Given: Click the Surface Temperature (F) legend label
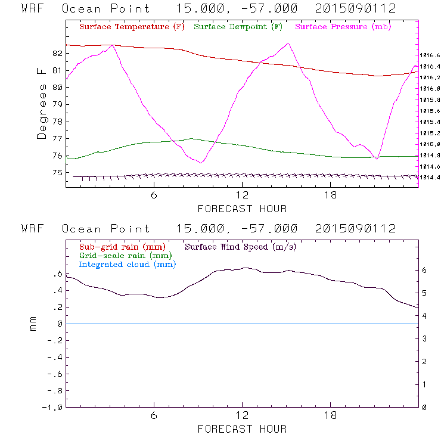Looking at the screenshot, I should pos(132,27).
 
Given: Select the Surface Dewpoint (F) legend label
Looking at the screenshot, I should pos(238,27).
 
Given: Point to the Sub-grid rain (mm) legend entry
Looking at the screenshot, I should pos(122,247).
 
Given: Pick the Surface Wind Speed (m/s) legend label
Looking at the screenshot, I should pos(240,247).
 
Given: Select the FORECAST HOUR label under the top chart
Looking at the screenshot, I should pos(242,209).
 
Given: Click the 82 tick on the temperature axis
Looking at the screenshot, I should pos(57,53).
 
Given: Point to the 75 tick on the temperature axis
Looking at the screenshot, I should pos(57,173).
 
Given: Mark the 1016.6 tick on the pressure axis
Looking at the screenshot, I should pos(429,55).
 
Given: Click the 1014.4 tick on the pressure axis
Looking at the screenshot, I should pos(429,178).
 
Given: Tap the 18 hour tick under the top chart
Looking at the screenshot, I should pos(330,195).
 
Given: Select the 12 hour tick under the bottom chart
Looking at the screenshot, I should pos(242,415).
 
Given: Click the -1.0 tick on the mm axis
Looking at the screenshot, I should pos(54,408).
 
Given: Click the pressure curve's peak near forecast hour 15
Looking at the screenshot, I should pos(288,44).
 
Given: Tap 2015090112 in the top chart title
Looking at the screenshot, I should pos(356,9).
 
